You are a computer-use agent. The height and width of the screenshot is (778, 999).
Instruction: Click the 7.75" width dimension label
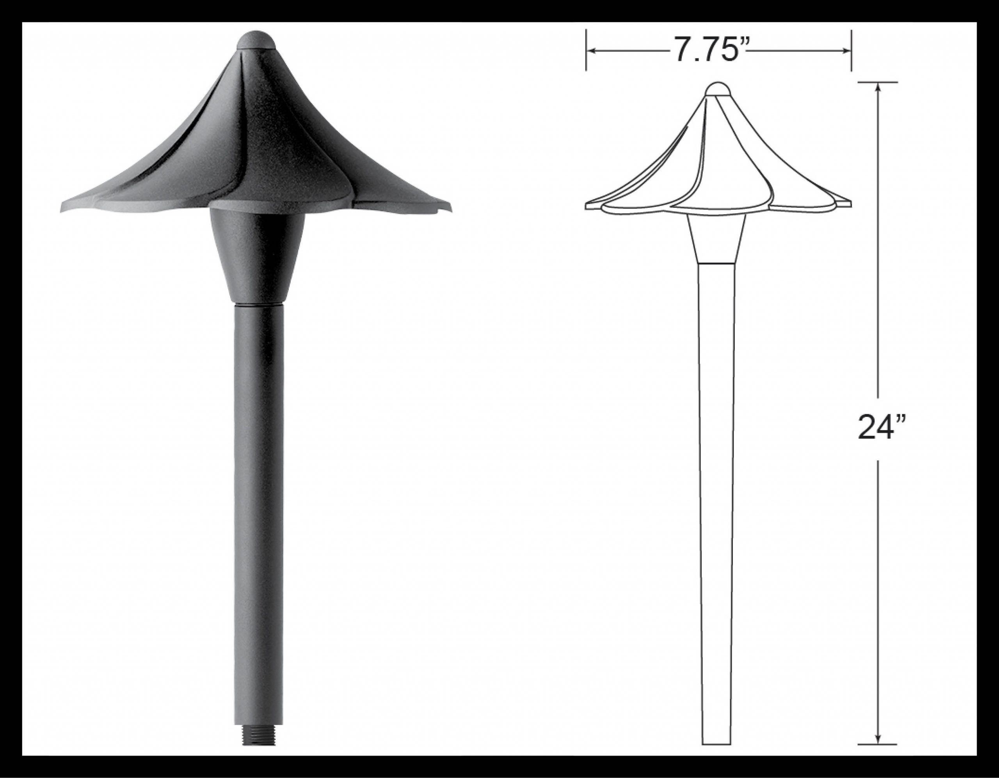[707, 50]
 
